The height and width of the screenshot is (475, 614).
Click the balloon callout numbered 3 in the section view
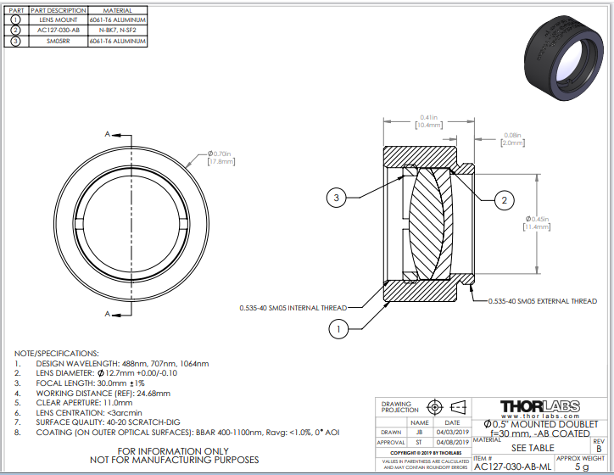tap(337, 198)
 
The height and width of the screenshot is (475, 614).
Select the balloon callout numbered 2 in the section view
tap(504, 200)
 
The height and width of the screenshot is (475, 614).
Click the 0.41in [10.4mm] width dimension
tap(427, 120)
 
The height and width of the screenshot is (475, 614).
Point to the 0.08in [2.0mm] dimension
tap(512, 139)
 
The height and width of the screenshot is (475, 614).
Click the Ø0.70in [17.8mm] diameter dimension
tap(220, 159)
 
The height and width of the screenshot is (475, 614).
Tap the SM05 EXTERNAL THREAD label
tap(544, 300)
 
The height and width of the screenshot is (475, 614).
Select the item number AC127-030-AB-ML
tap(512, 467)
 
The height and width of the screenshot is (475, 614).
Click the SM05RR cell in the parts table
tap(58, 40)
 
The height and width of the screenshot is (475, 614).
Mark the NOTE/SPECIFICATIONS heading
tap(57, 353)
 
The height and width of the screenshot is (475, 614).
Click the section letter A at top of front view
tap(107, 134)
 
